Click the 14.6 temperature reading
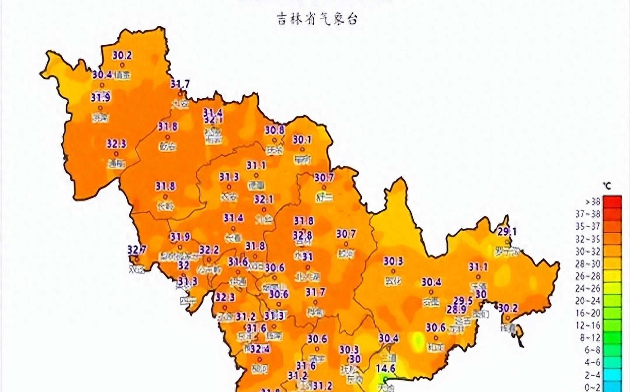(386, 368)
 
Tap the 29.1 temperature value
(507, 231)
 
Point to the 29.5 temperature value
(463, 301)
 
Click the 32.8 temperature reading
(302, 236)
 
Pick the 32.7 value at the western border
(137, 250)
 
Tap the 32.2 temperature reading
(209, 250)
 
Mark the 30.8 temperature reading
(274, 130)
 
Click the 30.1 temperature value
(302, 140)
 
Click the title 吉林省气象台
(317, 19)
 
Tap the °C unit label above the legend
(607, 186)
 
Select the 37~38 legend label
(588, 214)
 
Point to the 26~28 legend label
(588, 276)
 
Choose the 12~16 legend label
(588, 325)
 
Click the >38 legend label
(590, 201)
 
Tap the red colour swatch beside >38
(612, 202)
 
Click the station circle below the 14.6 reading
(386, 379)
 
